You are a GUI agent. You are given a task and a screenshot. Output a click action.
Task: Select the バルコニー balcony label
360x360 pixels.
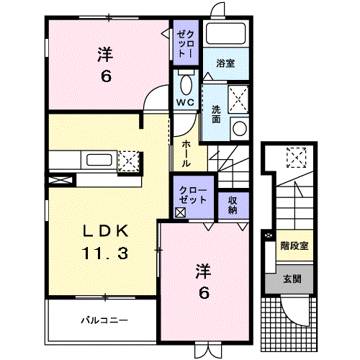coord(104,319)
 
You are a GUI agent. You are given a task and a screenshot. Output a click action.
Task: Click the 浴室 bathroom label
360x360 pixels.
coord(225,63)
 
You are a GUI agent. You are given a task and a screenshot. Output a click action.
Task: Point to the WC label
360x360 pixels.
coord(185,102)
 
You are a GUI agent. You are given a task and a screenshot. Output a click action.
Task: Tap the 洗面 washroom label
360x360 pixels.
coord(216,114)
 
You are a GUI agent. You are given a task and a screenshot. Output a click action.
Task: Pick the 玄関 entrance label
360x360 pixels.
coord(292,279)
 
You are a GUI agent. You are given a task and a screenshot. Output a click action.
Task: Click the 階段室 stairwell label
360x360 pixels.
coord(294,246)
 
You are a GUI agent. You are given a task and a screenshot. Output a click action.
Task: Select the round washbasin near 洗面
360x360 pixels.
coord(239,127)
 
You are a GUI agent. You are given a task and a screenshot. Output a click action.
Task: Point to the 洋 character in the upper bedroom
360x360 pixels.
coord(106,54)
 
